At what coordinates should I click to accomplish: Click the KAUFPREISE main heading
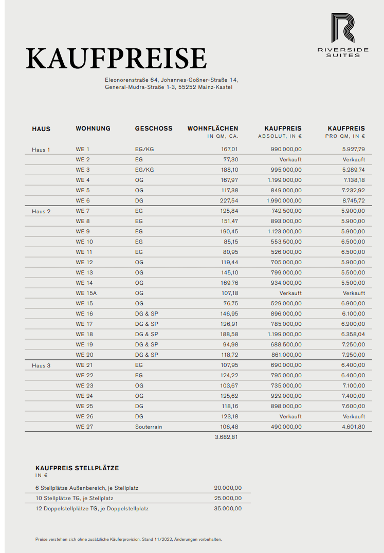[x=116, y=58]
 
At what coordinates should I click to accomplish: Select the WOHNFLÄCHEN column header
[x=212, y=128]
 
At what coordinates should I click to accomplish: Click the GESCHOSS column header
[x=154, y=128]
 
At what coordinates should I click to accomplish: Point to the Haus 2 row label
[x=41, y=211]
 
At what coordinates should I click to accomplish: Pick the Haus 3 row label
[x=41, y=365]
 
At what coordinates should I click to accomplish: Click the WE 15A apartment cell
[x=86, y=293]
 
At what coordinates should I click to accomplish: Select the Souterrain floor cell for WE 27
[x=149, y=427]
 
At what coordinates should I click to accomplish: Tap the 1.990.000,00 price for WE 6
[x=284, y=200]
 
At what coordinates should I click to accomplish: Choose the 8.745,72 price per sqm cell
[x=353, y=200]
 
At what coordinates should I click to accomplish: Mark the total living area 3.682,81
[x=226, y=437]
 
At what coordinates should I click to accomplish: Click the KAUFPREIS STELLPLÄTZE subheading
[x=77, y=468]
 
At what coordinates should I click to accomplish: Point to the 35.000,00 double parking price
[x=228, y=508]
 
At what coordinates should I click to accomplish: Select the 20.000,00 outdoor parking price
[x=228, y=488]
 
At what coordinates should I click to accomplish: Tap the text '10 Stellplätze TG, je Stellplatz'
[x=75, y=498]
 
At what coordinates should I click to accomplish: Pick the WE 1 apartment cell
[x=82, y=149]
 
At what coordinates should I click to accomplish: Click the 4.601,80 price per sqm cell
[x=353, y=427]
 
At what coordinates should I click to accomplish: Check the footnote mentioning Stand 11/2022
[x=129, y=539]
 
